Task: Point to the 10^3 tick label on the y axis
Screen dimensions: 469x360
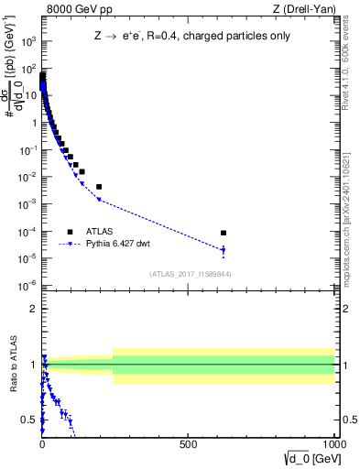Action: coord(29,42)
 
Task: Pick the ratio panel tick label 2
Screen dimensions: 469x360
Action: coord(32,309)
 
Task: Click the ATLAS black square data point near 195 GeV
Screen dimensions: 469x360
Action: coord(99,186)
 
